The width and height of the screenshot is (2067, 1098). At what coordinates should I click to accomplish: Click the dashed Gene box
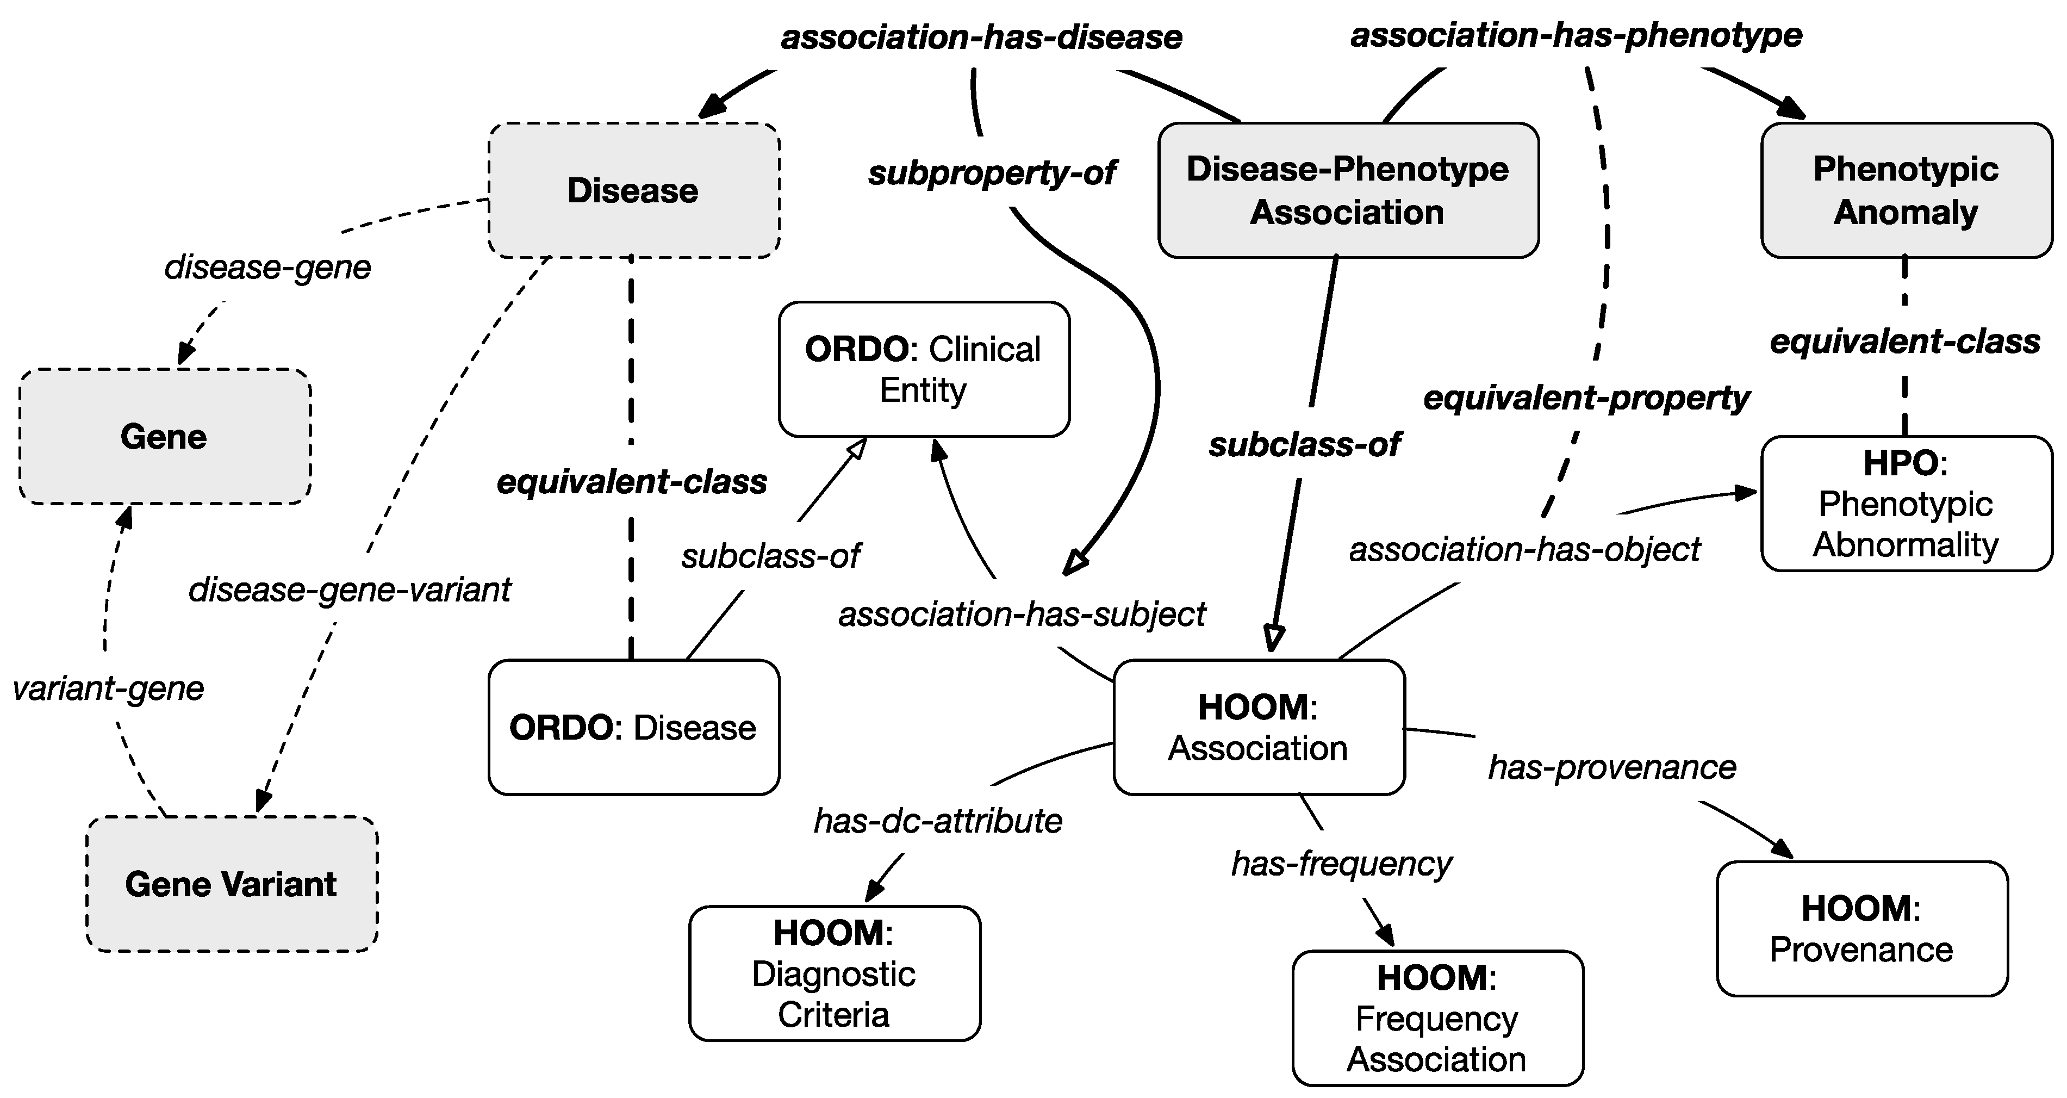[165, 437]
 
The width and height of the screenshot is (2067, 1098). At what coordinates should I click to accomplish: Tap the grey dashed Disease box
[633, 191]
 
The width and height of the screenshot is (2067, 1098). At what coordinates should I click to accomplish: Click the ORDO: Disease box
[633, 727]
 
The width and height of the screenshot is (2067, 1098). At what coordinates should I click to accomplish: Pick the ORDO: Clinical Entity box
[924, 369]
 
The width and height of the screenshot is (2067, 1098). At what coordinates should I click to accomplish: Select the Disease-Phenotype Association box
[1348, 191]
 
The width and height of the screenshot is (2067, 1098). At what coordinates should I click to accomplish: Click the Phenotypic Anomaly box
[1906, 191]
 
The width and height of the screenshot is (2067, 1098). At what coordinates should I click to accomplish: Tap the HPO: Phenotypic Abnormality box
[1906, 503]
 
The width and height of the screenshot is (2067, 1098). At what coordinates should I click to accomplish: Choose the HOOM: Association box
[1258, 727]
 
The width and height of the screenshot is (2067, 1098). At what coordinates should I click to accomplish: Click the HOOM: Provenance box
[1861, 929]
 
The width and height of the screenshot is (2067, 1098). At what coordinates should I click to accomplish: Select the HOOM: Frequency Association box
[1437, 1018]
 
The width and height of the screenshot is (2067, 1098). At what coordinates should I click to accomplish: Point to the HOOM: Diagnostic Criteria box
[835, 973]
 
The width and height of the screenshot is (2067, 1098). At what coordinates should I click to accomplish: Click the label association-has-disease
[981, 38]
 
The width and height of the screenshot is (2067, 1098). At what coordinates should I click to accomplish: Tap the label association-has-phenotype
[1577, 35]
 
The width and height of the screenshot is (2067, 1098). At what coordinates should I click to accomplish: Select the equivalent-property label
[1586, 398]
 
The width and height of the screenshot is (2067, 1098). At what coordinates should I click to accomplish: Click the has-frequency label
[1342, 864]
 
